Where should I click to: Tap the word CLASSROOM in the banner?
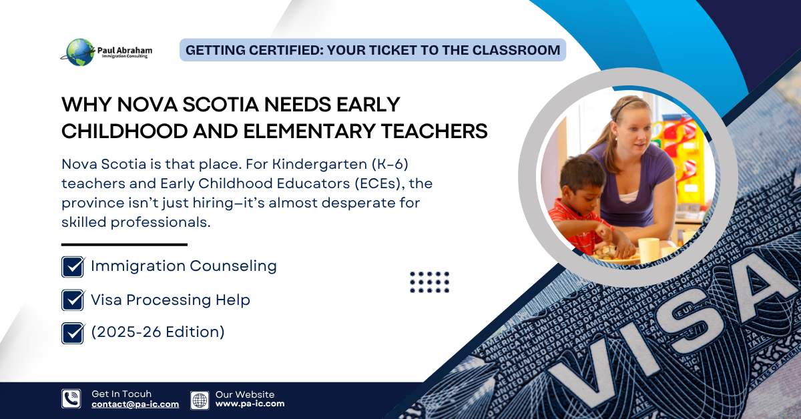tap(516, 50)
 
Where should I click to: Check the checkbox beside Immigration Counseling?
tap(73, 267)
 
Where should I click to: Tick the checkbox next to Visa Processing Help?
tap(73, 300)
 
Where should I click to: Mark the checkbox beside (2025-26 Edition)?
tap(73, 333)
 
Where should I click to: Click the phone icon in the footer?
tap(71, 398)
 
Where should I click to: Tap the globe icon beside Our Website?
tap(200, 400)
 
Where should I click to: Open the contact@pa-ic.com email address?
tap(135, 404)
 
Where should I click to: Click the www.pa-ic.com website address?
tap(250, 404)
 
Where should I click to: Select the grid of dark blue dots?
tap(429, 282)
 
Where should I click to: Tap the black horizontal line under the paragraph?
tap(124, 245)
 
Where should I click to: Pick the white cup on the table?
tap(648, 251)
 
